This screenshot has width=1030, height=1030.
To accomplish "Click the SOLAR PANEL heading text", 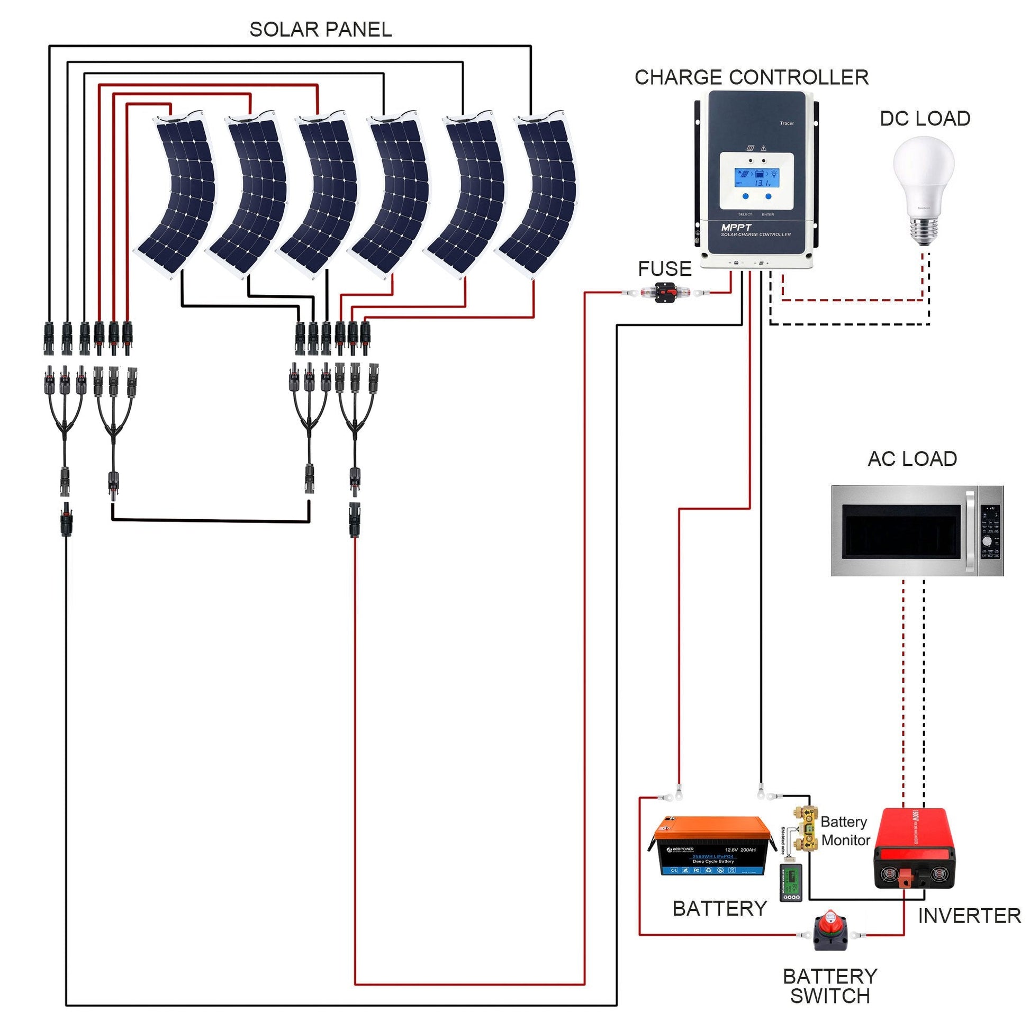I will pyautogui.click(x=320, y=29).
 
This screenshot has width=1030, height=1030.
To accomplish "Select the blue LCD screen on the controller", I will pyautogui.click(x=756, y=178).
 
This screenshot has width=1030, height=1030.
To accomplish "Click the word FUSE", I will pyautogui.click(x=664, y=269).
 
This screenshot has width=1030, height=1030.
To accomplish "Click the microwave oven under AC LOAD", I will pyautogui.click(x=916, y=530).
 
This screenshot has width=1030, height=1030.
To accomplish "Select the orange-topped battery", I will pyautogui.click(x=712, y=847).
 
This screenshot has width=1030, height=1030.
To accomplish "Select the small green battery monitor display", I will pyautogui.click(x=791, y=882).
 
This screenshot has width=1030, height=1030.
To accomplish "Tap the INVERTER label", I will pyautogui.click(x=969, y=916).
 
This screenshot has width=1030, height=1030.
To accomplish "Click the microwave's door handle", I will pyautogui.click(x=970, y=531).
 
